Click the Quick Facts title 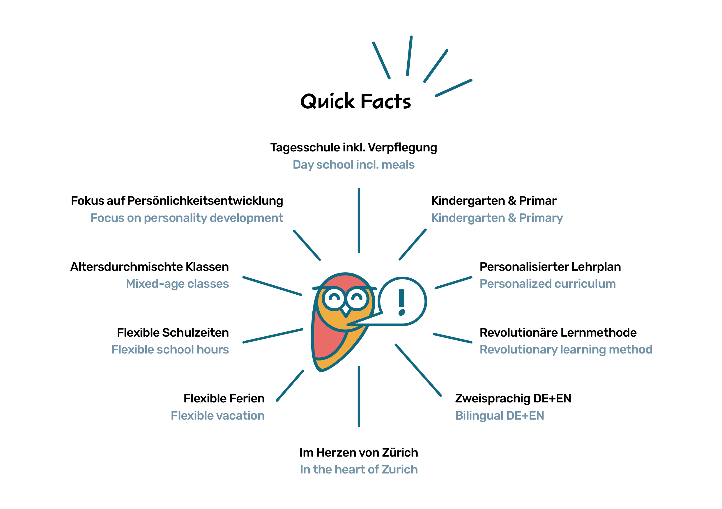click(x=355, y=101)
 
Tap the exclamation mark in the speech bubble click(x=401, y=302)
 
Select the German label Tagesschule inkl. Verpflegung click(x=353, y=148)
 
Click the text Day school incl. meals click(x=353, y=165)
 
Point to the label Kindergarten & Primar click(x=494, y=201)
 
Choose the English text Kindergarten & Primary click(x=497, y=218)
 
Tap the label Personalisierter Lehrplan click(x=550, y=267)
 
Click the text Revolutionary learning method click(x=566, y=349)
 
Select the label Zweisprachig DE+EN click(x=513, y=399)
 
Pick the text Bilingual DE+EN click(x=499, y=416)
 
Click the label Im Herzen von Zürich click(x=358, y=453)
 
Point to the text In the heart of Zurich click(x=358, y=469)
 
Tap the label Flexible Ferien click(x=224, y=398)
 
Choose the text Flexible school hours click(x=170, y=349)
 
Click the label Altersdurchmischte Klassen click(x=149, y=267)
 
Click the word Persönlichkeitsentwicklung click(x=205, y=201)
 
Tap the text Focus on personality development click(x=187, y=218)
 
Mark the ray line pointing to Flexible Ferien click(x=290, y=386)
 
